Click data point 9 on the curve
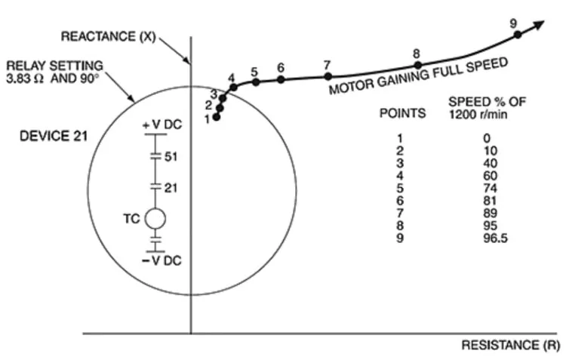[x=517, y=35]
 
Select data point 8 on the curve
[x=417, y=66]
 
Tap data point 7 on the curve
[x=328, y=76]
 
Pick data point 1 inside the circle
[x=217, y=117]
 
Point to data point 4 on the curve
[x=233, y=87]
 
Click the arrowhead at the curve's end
[x=539, y=25]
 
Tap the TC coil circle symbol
[x=155, y=219]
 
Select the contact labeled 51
[x=155, y=156]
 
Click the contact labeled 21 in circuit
[x=155, y=187]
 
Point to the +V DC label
[x=162, y=125]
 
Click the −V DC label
[x=161, y=260]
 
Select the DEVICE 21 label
[x=54, y=136]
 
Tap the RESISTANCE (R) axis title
[x=511, y=345]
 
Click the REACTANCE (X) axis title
[x=108, y=36]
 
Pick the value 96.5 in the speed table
[x=495, y=238]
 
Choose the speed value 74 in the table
[x=491, y=188]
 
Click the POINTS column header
[x=402, y=113]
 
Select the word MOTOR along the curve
[x=351, y=87]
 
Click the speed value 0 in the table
[x=487, y=138]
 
